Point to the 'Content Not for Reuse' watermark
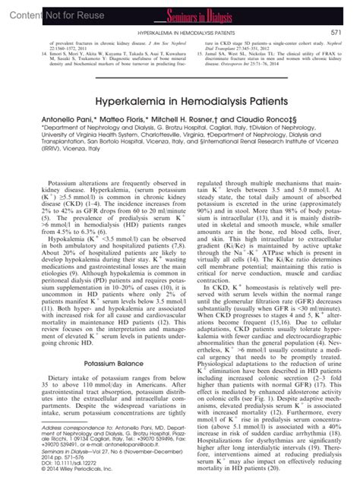coord(46,11)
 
